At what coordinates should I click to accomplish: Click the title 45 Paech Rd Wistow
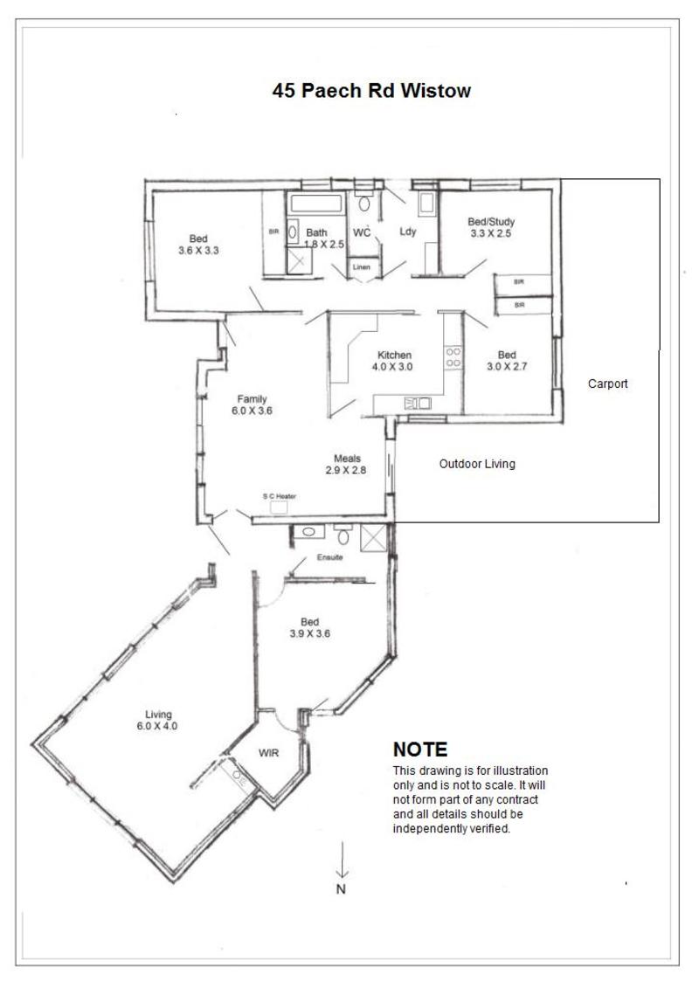371,90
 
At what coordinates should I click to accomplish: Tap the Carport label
607,383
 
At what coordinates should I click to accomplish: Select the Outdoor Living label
477,464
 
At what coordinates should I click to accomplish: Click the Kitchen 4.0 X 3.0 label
393,361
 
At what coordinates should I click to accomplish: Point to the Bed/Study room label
491,227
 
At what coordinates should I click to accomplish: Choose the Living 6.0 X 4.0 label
157,720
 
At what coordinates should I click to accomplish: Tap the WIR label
268,752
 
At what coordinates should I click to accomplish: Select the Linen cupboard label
362,267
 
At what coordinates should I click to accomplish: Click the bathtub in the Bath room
316,204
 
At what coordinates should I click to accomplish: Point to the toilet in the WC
364,203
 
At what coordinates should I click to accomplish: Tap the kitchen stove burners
453,357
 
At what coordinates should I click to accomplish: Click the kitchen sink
418,403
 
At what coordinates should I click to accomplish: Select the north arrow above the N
342,860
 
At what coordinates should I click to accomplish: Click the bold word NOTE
420,750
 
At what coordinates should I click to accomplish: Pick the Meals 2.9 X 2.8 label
346,464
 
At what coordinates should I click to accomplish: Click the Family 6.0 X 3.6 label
252,404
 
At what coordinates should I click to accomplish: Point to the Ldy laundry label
408,231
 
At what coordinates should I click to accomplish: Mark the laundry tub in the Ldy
426,203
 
